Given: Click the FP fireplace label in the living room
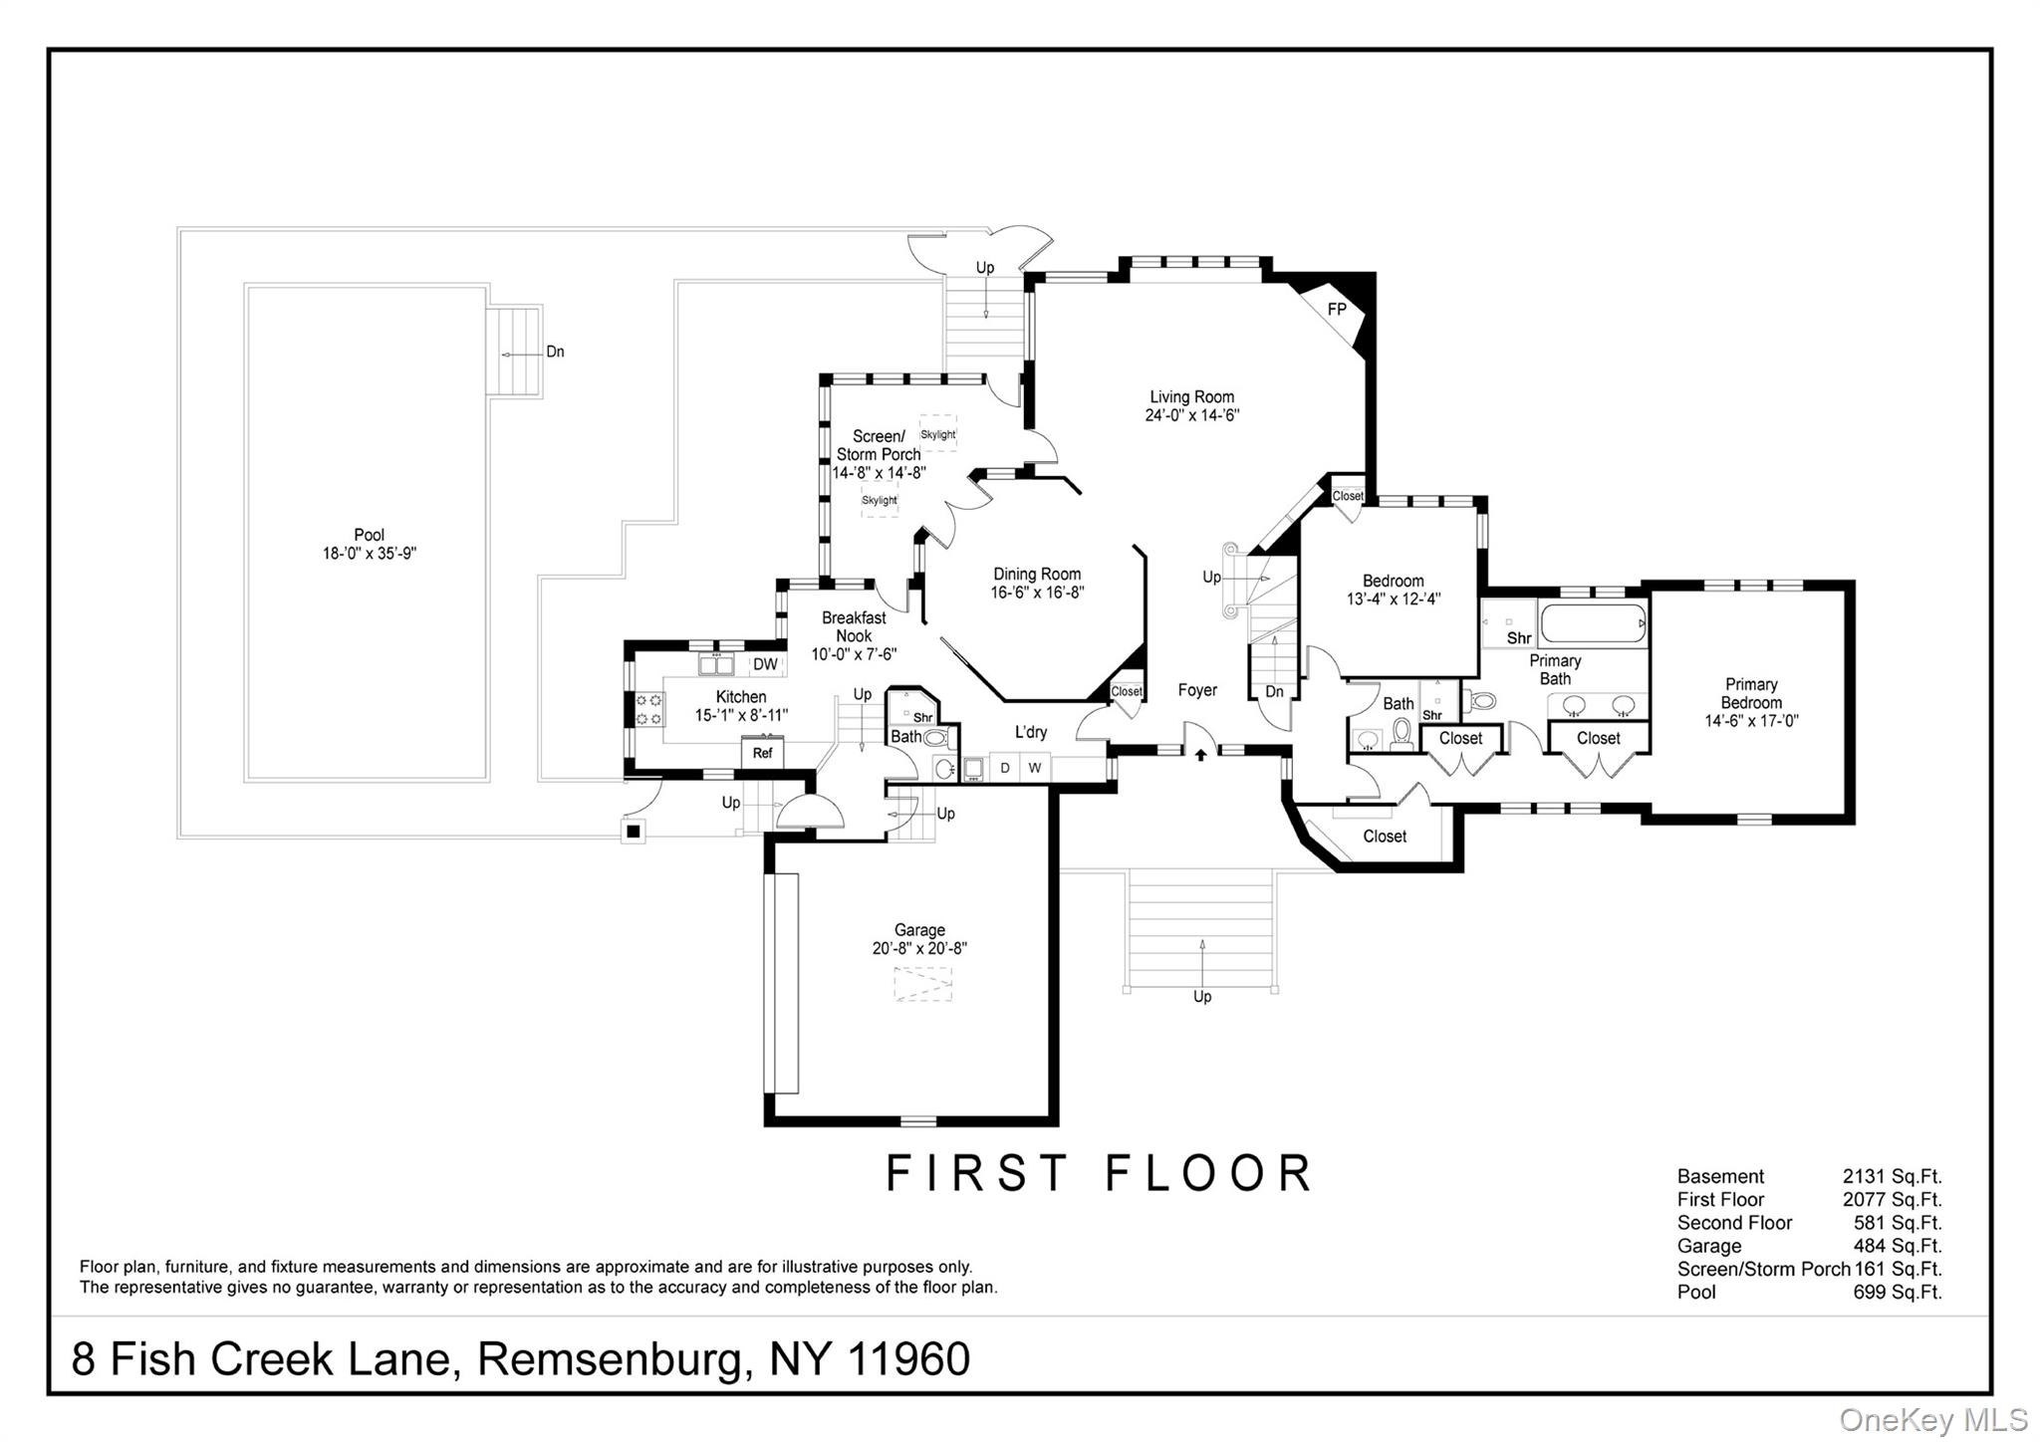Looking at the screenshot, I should pyautogui.click(x=1337, y=310).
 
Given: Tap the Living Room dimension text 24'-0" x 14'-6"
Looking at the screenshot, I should pyautogui.click(x=1191, y=415).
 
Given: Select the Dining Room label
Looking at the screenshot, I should pyautogui.click(x=1037, y=574).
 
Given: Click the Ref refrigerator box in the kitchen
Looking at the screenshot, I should pyautogui.click(x=762, y=753).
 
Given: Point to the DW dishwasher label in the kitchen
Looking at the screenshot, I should pyautogui.click(x=765, y=664).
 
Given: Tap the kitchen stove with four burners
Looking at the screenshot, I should pyautogui.click(x=649, y=710).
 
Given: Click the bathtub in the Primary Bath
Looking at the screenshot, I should pyautogui.click(x=1593, y=624).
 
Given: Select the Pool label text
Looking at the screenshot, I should pyautogui.click(x=369, y=535).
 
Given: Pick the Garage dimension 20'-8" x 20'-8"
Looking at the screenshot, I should pyautogui.click(x=919, y=949).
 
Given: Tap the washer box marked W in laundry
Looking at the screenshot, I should pyautogui.click(x=1034, y=768).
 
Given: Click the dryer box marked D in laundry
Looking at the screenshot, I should pyautogui.click(x=1005, y=768).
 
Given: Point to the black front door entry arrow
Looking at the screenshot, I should pyautogui.click(x=1200, y=755).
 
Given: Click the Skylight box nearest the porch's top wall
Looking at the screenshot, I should pyautogui.click(x=937, y=434).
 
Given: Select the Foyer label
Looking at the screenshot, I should pyautogui.click(x=1197, y=690).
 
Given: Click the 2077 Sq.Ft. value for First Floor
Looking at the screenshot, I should pyautogui.click(x=1892, y=1200).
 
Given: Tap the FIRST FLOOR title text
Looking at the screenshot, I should pyautogui.click(x=1100, y=1173).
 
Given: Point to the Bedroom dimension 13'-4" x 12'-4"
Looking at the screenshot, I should pyautogui.click(x=1393, y=600).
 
